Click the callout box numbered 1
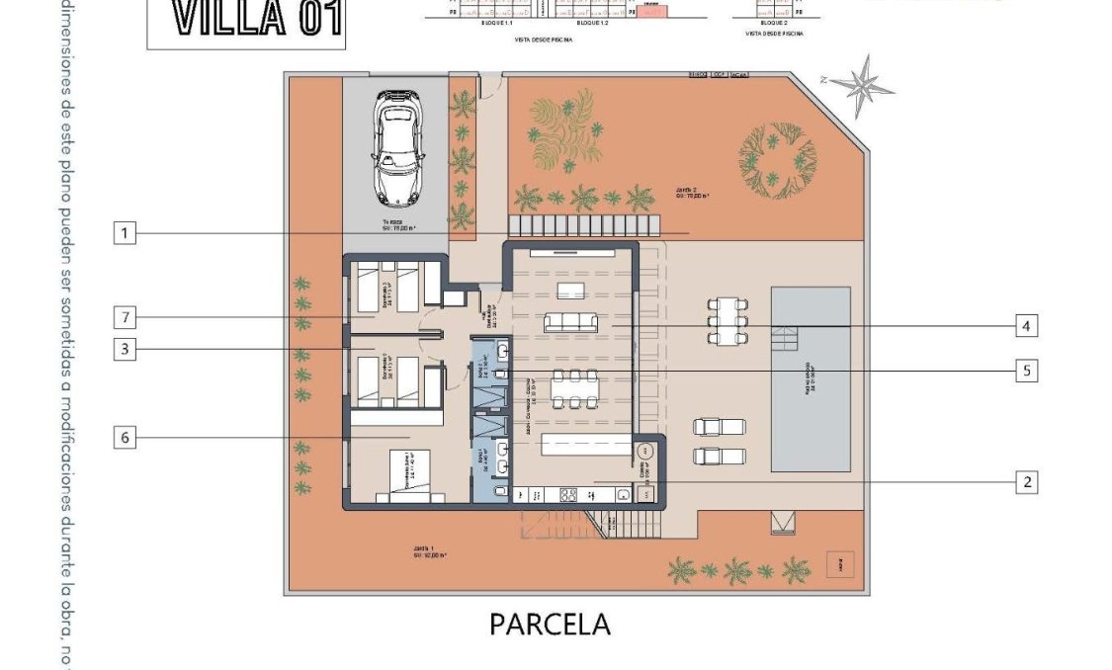[x=124, y=233]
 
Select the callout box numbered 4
[x=1026, y=325]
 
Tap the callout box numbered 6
[x=124, y=437]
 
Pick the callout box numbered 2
[x=1026, y=482]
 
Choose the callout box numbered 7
[x=124, y=317]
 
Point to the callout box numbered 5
[x=1026, y=371]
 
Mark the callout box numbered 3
[x=124, y=348]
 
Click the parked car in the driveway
[x=397, y=144]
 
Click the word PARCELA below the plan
[x=550, y=625]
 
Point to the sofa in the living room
[x=570, y=321]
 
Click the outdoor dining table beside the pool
[x=727, y=320]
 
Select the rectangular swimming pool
[x=811, y=379]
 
